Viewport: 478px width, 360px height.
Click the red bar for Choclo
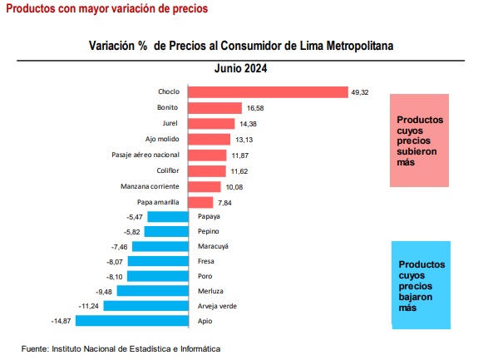[268, 92]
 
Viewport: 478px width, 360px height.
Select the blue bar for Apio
[132, 321]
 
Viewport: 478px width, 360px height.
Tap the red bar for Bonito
[215, 108]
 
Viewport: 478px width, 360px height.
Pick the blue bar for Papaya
[168, 217]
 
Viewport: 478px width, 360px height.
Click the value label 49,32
[360, 92]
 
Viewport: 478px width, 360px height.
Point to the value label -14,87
[61, 321]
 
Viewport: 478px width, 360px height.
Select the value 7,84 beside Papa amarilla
[224, 203]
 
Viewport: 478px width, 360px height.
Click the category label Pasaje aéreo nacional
[145, 155]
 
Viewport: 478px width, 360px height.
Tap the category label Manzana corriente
[150, 186]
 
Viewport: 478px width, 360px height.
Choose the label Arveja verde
[217, 306]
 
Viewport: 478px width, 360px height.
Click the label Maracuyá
[213, 246]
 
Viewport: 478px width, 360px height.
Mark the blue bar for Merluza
[153, 290]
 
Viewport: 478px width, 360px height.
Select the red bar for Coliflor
[207, 171]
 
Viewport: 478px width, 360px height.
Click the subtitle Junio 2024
[240, 68]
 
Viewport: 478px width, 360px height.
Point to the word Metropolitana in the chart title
[360, 46]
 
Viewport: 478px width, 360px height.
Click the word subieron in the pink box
[416, 151]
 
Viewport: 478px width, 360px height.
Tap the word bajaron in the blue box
[416, 297]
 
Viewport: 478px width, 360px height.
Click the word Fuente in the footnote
[35, 348]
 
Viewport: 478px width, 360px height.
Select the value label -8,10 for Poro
[115, 277]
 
